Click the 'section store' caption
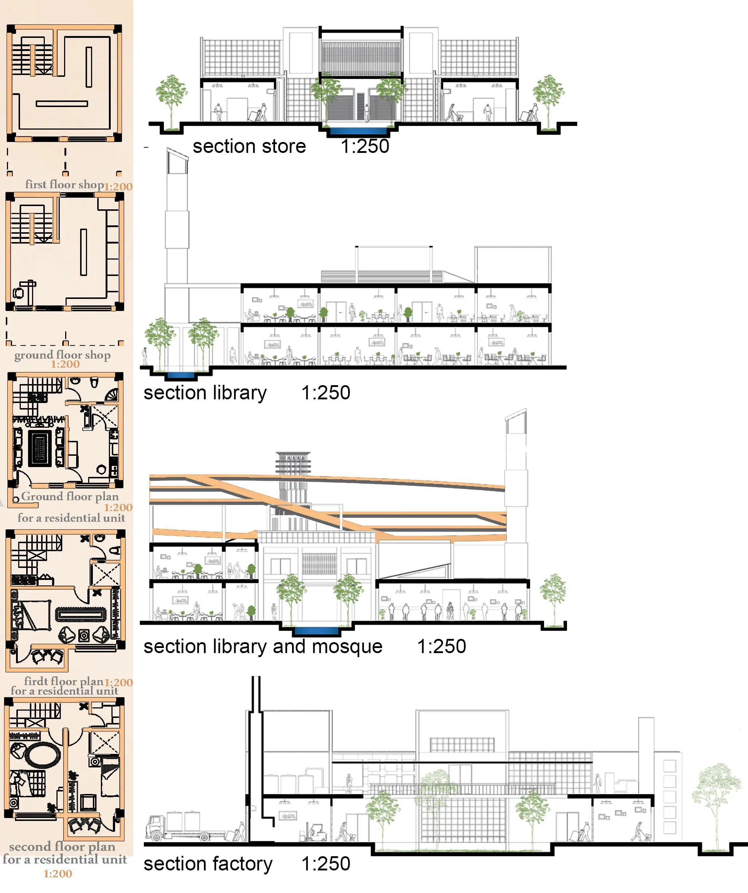(249, 146)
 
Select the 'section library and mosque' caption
(263, 647)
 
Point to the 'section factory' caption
(208, 864)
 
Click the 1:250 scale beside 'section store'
(365, 146)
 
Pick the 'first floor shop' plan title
(65, 185)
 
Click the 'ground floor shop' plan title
(63, 355)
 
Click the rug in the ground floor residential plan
(40, 448)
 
